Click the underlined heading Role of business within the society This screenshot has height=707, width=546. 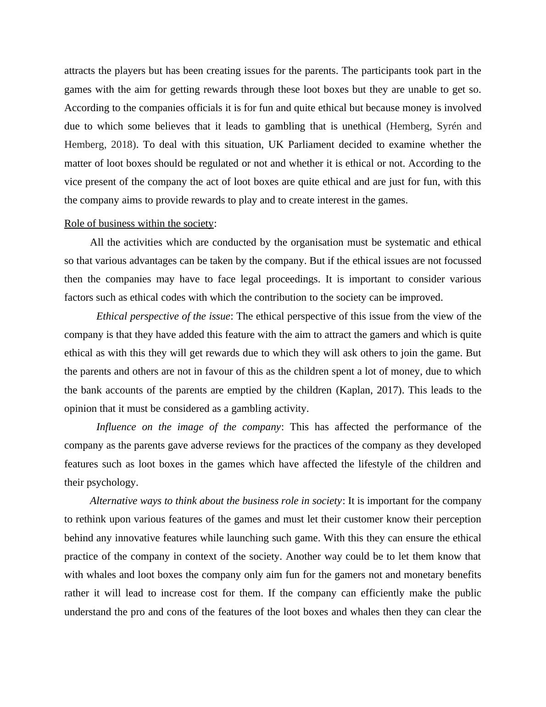pyautogui.click(x=139, y=224)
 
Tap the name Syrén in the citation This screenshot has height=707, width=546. pyautogui.click(x=449, y=126)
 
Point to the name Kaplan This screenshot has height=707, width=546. pyautogui.click(x=354, y=390)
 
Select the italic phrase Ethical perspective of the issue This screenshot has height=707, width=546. pyautogui.click(x=163, y=316)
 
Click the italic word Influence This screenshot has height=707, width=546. pyautogui.click(x=116, y=427)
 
